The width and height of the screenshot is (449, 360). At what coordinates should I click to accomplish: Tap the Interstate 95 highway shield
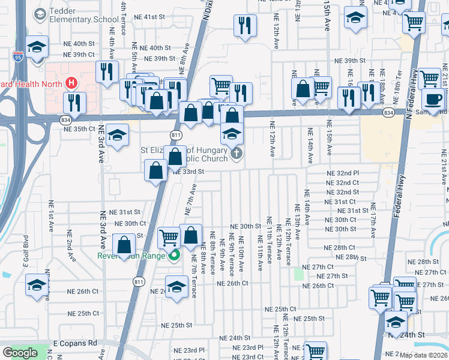(x=19, y=57)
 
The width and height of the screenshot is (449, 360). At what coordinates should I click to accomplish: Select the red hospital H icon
(x=71, y=82)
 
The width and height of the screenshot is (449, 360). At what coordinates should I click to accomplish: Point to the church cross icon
(x=237, y=154)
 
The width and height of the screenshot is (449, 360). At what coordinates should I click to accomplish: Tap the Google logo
(x=20, y=353)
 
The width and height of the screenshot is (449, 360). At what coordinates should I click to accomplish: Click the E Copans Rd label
(x=75, y=343)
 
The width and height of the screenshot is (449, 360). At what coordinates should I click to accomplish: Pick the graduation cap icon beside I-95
(x=37, y=48)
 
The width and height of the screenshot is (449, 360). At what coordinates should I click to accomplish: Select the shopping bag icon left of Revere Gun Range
(x=124, y=244)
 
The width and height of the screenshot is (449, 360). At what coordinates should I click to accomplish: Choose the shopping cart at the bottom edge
(x=315, y=351)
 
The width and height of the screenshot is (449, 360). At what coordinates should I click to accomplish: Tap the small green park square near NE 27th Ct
(x=299, y=274)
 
